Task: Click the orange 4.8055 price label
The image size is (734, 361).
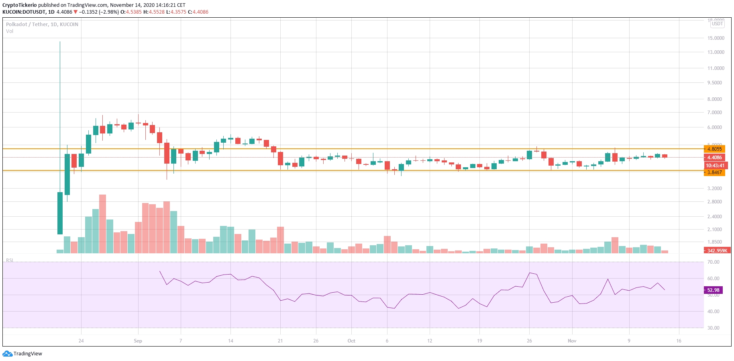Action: [714, 149]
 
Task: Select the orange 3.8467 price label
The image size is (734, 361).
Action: [714, 172]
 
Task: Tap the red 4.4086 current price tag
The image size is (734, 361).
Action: [714, 158]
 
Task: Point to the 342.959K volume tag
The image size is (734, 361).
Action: [717, 250]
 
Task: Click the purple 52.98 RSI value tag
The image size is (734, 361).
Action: [713, 290]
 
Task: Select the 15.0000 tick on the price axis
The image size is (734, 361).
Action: [716, 38]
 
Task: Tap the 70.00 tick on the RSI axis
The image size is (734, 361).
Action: [713, 262]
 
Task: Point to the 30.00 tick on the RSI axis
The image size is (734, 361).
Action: [713, 328]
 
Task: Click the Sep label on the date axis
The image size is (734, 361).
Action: [138, 341]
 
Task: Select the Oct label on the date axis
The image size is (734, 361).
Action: [351, 341]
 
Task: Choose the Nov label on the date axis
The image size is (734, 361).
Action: [572, 341]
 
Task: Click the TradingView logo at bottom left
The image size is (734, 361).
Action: [22, 354]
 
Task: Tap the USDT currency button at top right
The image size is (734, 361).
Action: [717, 24]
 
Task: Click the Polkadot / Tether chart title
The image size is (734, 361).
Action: [42, 25]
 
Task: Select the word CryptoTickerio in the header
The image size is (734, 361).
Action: [19, 5]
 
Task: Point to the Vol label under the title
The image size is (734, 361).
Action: [10, 31]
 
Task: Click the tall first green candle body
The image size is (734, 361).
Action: [60, 213]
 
